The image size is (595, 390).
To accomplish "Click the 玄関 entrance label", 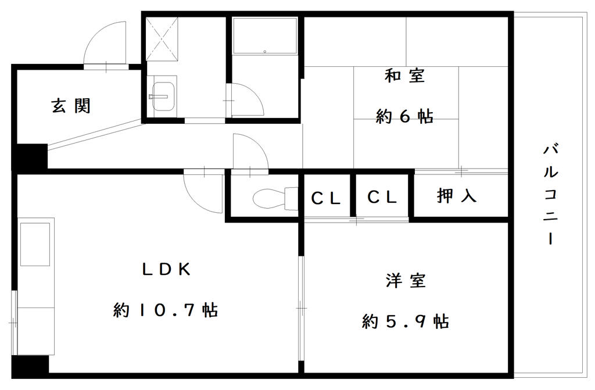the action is coord(71,106).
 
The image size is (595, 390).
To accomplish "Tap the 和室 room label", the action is coord(404,75).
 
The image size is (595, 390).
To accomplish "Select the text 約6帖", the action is coord(404,116).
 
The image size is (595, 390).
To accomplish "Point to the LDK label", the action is coord(166,270).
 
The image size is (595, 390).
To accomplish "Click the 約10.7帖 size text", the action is coord(166,310).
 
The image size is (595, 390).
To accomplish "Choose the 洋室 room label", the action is coord(406,281).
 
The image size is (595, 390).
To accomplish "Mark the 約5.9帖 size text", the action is coord(406,321).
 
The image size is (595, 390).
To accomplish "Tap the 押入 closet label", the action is coord(457,196).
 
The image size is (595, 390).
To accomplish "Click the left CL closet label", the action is coord(325,198).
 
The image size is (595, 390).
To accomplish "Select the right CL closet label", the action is coord(382,197).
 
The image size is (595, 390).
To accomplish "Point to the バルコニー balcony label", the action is coord(551,194).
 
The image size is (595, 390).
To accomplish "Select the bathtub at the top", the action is coord(265,35).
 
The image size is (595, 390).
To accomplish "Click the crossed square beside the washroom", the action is coord(162,39).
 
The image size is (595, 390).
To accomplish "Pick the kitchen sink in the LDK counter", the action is coord(35,245).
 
